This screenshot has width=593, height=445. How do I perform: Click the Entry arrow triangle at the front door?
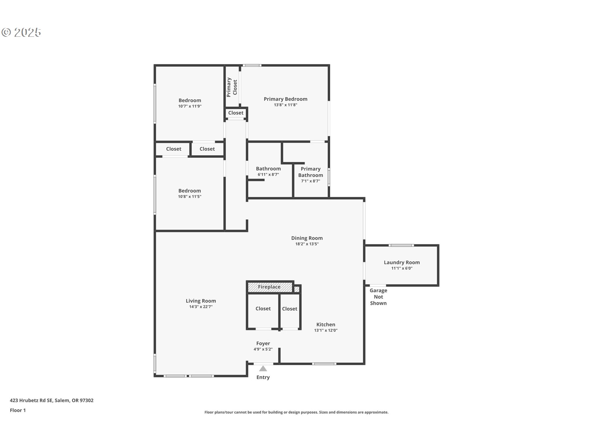[x=263, y=368]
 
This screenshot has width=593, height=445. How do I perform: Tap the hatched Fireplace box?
[x=269, y=287]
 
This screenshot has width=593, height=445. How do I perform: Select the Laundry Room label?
[x=402, y=262]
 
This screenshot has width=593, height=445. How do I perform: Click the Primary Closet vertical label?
[x=232, y=87]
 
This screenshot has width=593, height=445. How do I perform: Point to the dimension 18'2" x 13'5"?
[x=307, y=244]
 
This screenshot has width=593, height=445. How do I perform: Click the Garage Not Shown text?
[x=378, y=297]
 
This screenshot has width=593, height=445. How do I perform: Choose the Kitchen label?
[x=326, y=324]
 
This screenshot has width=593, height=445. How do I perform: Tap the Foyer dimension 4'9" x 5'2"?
[x=263, y=349]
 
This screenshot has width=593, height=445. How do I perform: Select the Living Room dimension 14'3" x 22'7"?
[x=201, y=307]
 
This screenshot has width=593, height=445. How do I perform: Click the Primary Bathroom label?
[x=310, y=172]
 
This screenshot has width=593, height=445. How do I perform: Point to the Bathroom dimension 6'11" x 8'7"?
[x=268, y=175]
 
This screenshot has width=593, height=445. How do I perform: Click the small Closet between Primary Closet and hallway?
[x=236, y=113]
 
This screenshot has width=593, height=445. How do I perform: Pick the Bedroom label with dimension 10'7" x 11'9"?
[x=190, y=100]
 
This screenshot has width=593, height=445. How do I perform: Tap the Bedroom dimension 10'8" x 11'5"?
[x=189, y=197]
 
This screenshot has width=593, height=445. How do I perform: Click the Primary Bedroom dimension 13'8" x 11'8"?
[x=285, y=105]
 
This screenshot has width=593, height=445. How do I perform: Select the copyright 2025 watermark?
[x=21, y=32]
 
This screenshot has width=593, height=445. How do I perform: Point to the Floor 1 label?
[x=18, y=410]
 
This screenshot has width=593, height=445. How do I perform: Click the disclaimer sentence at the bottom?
[x=296, y=412]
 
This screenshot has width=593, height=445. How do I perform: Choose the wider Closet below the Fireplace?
[x=263, y=309]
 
